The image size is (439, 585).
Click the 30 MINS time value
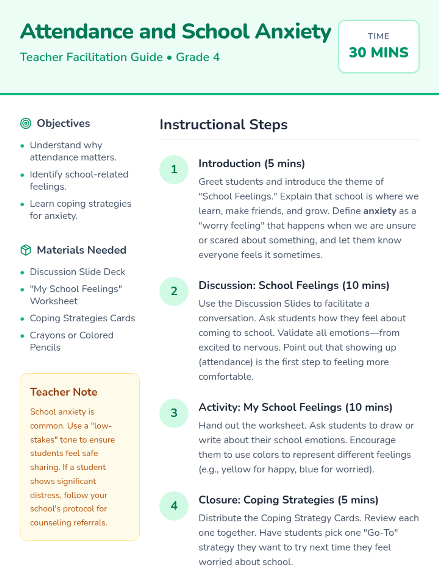click(x=379, y=53)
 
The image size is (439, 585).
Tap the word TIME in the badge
click(x=379, y=36)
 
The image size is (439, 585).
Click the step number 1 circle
click(x=174, y=169)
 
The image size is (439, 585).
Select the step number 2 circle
click(x=174, y=291)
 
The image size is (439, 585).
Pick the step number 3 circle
click(x=174, y=413)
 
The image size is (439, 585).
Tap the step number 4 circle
click(x=174, y=506)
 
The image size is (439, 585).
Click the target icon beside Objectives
click(x=26, y=124)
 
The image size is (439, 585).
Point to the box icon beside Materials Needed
click(x=26, y=250)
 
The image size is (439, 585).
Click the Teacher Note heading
click(x=64, y=392)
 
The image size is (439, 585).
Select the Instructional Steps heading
click(x=224, y=125)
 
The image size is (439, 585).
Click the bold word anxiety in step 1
click(x=380, y=211)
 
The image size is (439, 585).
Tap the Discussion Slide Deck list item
click(x=78, y=272)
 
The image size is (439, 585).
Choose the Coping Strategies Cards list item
click(x=82, y=318)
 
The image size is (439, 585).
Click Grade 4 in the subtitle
click(x=198, y=57)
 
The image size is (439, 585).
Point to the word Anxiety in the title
click(x=293, y=31)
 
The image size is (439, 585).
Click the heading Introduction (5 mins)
click(x=252, y=163)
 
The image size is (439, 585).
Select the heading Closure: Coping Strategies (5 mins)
click(x=288, y=500)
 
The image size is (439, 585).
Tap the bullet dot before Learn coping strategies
click(x=22, y=204)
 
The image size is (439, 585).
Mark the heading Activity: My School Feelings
click(x=295, y=407)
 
